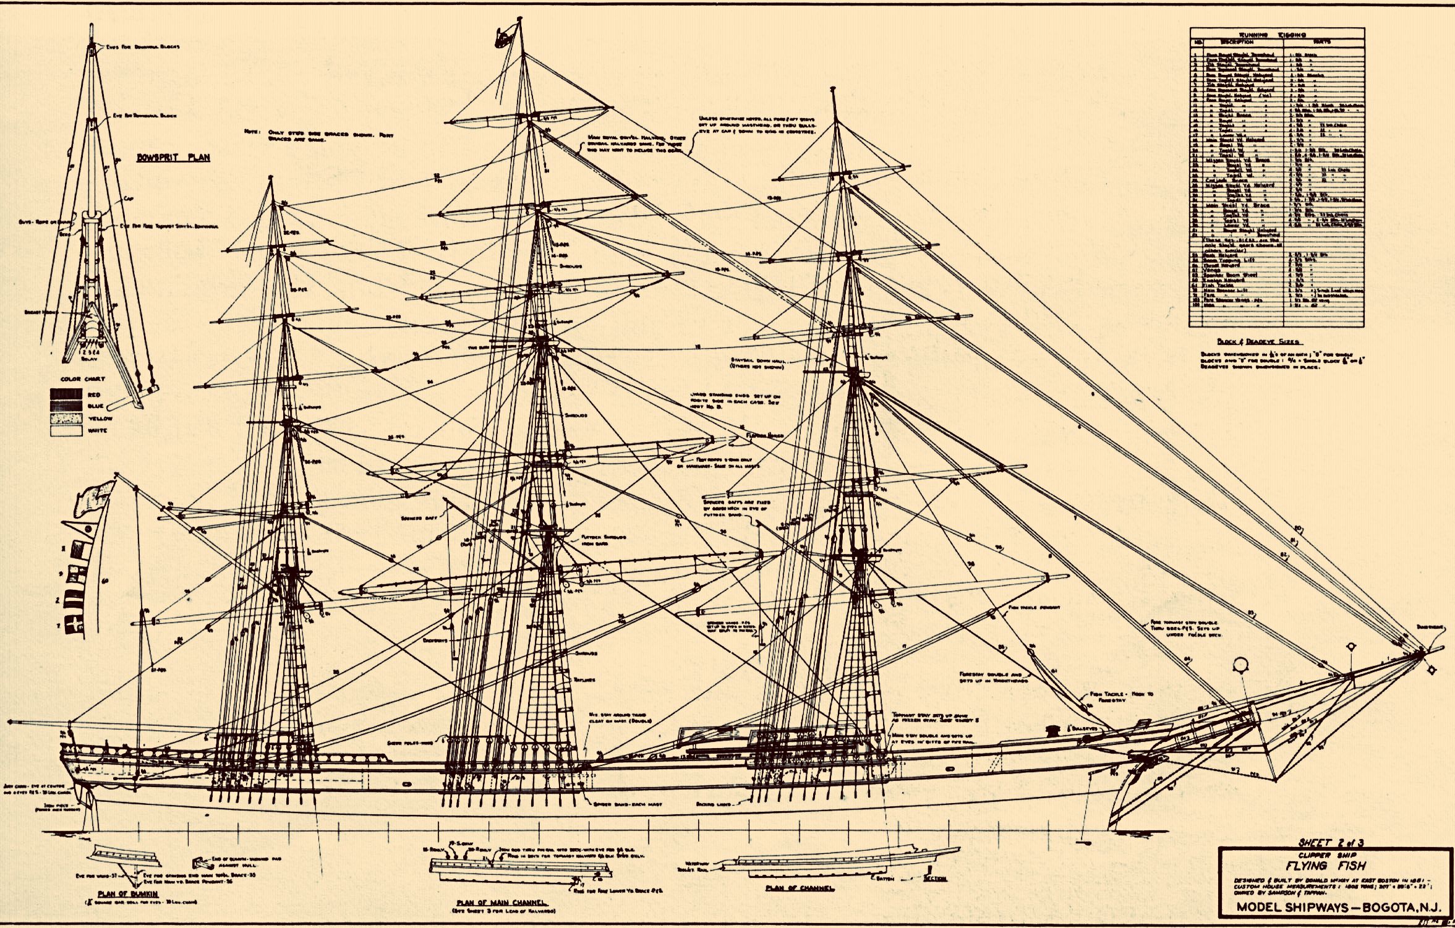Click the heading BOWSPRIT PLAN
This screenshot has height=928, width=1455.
[173, 158]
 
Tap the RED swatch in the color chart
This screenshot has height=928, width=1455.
[66, 394]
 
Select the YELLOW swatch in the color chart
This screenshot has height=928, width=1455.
[66, 419]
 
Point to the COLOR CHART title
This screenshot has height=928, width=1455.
[83, 379]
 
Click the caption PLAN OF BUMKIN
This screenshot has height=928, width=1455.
[119, 894]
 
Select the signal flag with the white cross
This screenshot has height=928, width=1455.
[75, 625]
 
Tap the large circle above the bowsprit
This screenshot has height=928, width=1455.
[1239, 665]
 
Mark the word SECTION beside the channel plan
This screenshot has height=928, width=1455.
[934, 878]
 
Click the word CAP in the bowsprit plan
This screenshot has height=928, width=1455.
[129, 199]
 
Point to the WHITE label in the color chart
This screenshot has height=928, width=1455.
[98, 430]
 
